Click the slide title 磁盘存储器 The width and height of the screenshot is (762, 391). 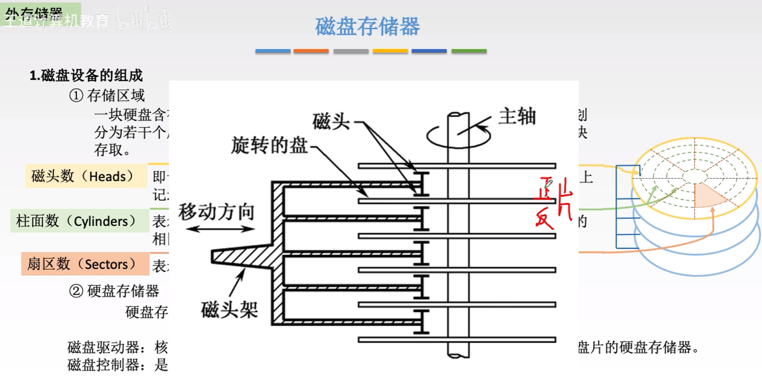(x=367, y=27)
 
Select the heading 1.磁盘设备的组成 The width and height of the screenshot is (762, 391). (x=86, y=76)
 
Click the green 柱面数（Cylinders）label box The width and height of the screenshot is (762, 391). (x=79, y=221)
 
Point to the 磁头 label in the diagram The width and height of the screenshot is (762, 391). (x=331, y=122)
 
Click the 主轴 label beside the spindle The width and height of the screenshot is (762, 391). (x=517, y=116)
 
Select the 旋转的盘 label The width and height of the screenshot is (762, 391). (x=269, y=145)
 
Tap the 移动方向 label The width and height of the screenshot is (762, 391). (x=216, y=211)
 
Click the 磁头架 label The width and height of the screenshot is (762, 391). (x=229, y=310)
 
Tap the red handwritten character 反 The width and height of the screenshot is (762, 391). (x=544, y=219)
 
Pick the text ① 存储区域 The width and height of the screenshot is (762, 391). (x=107, y=96)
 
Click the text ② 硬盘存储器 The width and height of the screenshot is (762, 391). (x=114, y=291)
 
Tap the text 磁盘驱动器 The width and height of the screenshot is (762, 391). (x=103, y=347)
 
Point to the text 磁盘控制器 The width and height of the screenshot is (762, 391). (x=103, y=365)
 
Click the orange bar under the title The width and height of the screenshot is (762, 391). (x=311, y=51)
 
